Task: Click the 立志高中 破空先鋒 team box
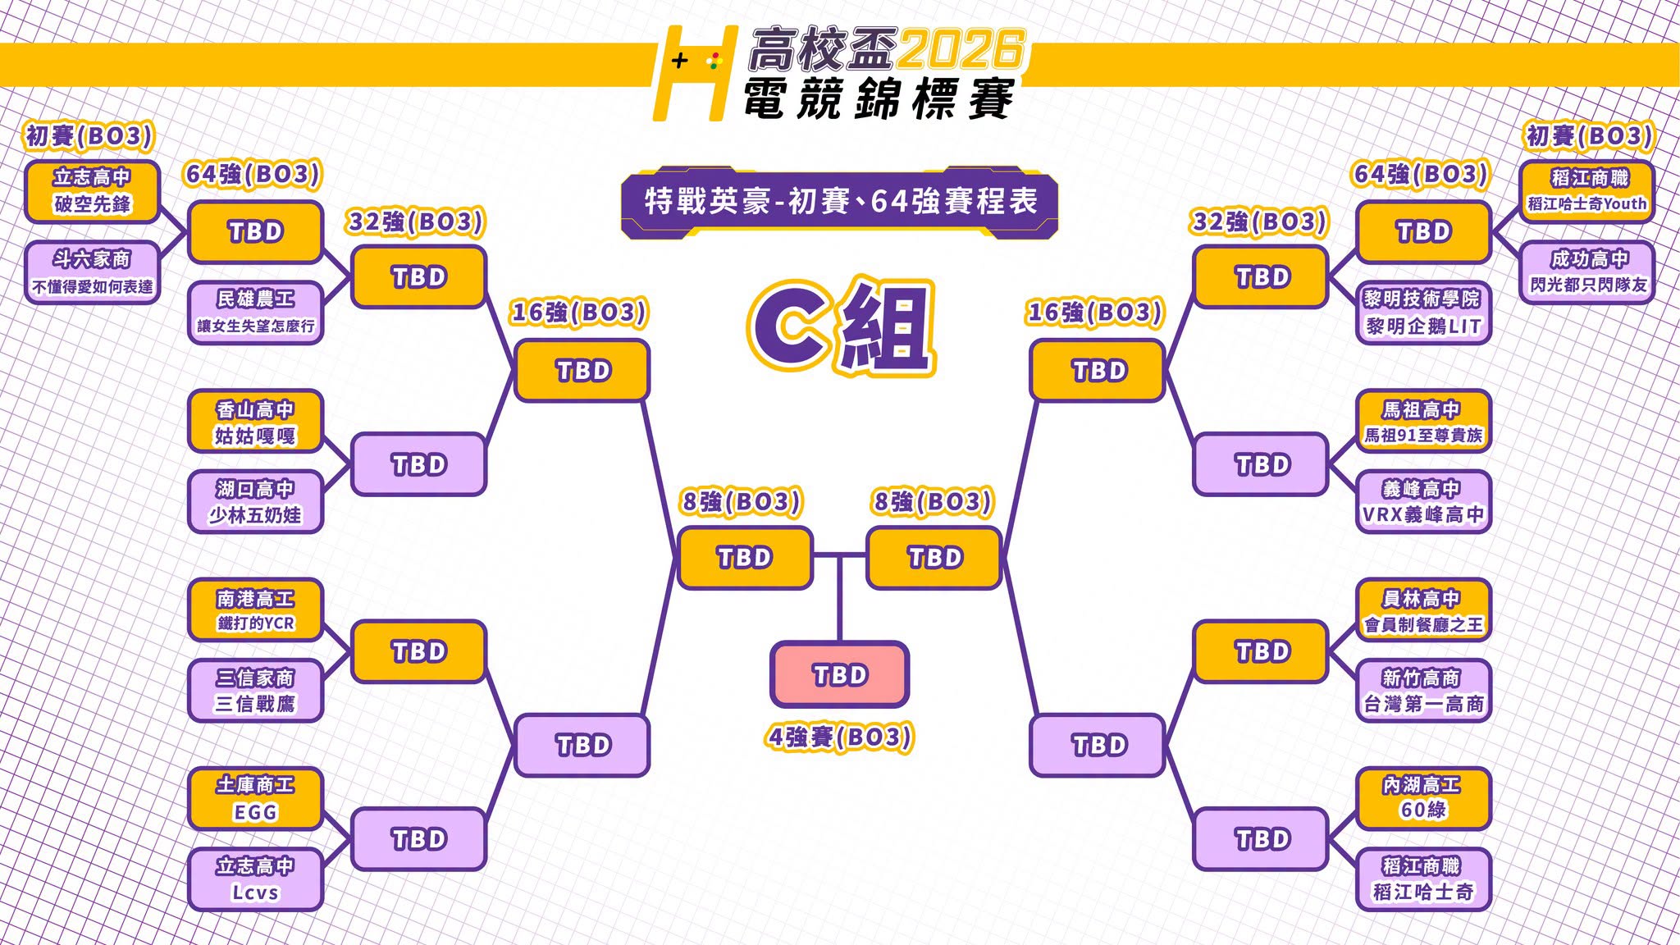pos(92,192)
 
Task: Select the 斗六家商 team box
pos(92,272)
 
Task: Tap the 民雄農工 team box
pos(255,313)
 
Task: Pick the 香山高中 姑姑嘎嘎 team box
pos(255,422)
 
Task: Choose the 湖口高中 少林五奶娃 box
pos(255,502)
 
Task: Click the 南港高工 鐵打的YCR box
pos(255,610)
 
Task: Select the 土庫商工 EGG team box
pos(255,799)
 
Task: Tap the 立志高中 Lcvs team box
pos(255,879)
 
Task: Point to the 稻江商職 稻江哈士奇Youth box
pos(1587,192)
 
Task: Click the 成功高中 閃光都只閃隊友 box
pos(1587,272)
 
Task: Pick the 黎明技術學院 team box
pos(1423,313)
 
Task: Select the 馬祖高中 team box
pos(1423,422)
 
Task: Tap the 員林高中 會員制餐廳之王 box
pos(1423,610)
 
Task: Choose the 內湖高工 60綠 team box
pos(1423,799)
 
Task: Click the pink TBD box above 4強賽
pos(839,674)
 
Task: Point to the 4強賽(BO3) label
pos(840,737)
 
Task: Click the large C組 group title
pos(841,326)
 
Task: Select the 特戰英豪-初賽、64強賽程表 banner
pos(840,203)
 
